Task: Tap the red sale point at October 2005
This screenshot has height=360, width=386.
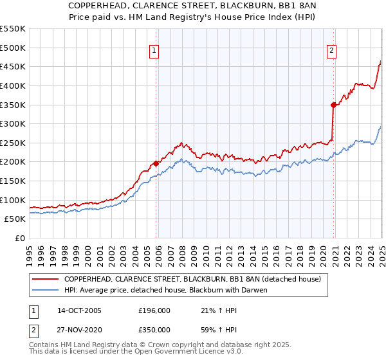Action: (156, 163)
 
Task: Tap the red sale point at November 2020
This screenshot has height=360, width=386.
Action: (333, 105)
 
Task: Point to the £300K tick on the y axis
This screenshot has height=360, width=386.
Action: (13, 123)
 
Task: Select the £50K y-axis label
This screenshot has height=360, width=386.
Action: (15, 219)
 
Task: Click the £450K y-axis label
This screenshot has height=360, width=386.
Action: (13, 66)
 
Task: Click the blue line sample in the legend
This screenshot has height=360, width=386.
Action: (46, 291)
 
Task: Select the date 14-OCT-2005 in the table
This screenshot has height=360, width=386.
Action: (79, 310)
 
